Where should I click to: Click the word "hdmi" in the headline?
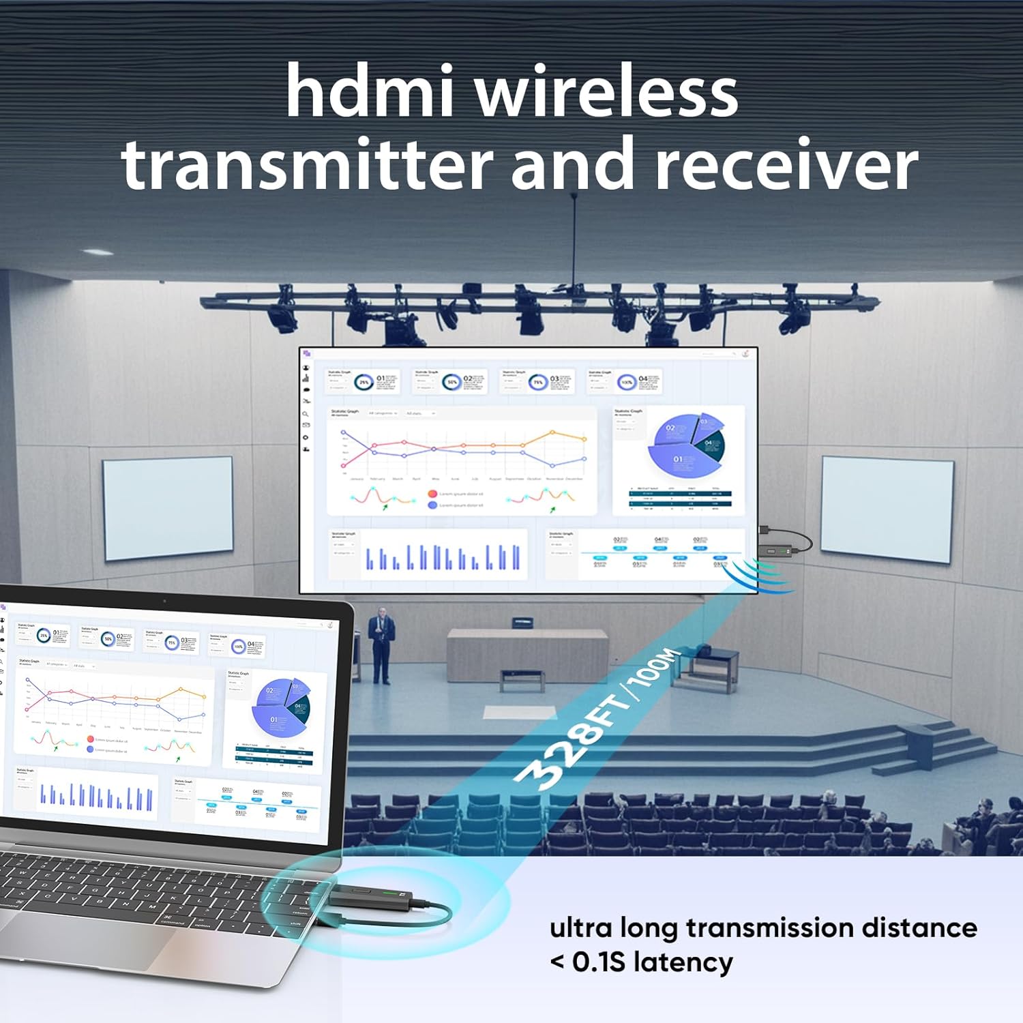[369, 91]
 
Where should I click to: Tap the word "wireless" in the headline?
[606, 91]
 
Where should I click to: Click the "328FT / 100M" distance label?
[597, 720]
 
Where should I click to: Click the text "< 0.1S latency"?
[641, 962]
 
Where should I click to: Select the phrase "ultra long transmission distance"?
[763, 928]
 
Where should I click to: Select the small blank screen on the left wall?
[168, 507]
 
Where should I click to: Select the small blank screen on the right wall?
[887, 509]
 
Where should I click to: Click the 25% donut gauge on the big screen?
[364, 382]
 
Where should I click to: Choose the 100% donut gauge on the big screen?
[626, 382]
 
